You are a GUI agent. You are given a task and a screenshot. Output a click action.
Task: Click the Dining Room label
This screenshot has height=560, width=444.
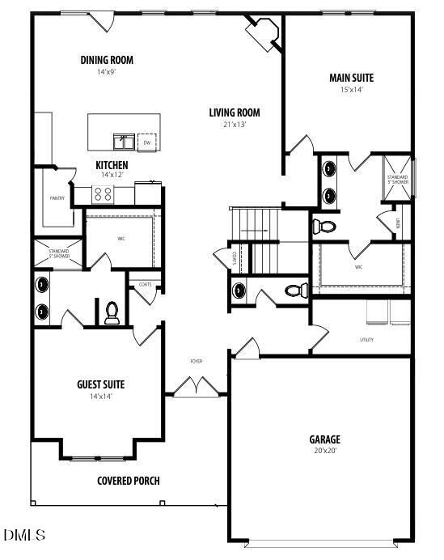click(x=107, y=60)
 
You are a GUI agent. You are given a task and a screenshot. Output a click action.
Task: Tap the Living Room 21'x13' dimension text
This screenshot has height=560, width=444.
click(x=234, y=125)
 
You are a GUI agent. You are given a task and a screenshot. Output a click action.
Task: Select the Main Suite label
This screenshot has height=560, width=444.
click(x=351, y=78)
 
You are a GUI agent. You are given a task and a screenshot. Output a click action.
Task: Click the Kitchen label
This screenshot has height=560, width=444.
click(x=112, y=164)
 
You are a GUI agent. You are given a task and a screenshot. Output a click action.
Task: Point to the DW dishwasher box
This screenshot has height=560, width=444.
click(x=147, y=142)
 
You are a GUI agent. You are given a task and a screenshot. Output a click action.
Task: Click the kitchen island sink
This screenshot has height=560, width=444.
click(x=124, y=142)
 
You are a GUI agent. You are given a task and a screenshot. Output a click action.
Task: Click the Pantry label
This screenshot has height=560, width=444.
click(x=57, y=198)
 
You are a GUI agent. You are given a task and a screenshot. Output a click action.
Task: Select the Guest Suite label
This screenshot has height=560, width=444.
click(x=100, y=384)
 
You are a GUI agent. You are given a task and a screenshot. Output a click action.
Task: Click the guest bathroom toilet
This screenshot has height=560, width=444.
click(x=112, y=312)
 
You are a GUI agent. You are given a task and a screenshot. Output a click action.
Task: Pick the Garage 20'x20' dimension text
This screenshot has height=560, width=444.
click(x=324, y=451)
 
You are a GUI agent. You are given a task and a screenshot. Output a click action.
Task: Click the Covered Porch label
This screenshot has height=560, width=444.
click(x=128, y=481)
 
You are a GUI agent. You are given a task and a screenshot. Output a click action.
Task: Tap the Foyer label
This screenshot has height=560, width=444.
click(x=197, y=361)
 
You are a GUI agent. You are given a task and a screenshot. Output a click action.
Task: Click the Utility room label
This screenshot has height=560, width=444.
click(x=366, y=340)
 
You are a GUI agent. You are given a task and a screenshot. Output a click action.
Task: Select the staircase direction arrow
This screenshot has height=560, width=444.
click(x=253, y=231)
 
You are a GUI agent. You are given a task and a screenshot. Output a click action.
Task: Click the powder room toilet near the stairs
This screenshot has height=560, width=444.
click(x=295, y=290)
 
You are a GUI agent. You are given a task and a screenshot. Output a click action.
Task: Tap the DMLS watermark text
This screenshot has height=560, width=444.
click(x=25, y=535)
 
